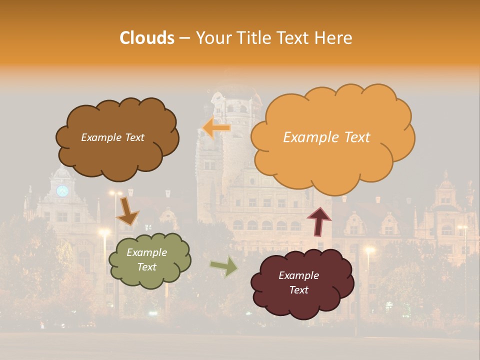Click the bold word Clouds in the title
(147, 38)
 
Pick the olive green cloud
(149, 260)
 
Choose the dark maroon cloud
(302, 283)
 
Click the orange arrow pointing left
(216, 128)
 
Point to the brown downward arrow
(126, 210)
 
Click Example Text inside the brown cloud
(112, 137)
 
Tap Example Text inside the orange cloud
(326, 137)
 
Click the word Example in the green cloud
(146, 252)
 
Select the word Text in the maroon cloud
(298, 290)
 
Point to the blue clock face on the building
(62, 191)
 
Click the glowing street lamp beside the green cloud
(104, 232)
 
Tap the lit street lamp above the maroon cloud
(369, 249)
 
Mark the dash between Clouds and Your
(184, 38)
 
